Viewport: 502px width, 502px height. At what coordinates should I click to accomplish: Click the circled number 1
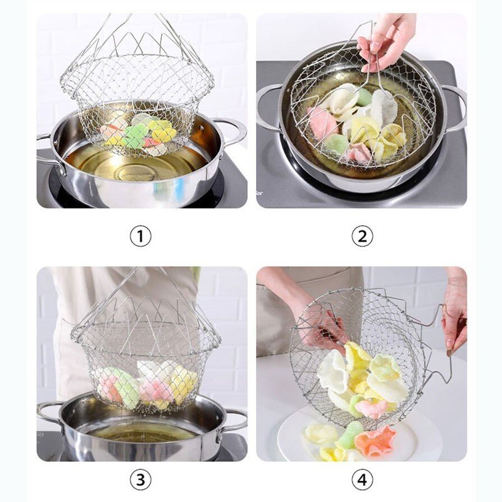(141, 236)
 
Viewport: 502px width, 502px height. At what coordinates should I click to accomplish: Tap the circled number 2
(361, 236)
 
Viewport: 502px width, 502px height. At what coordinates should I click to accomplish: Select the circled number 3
(141, 479)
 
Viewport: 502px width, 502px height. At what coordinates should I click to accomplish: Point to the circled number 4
(361, 479)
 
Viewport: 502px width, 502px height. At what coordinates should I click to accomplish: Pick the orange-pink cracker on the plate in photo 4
(375, 441)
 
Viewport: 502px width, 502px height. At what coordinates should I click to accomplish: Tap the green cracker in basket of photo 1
(136, 135)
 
